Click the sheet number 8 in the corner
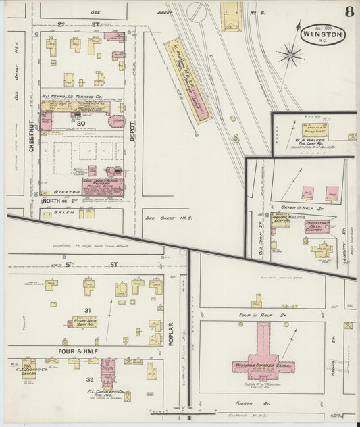tap(349, 11)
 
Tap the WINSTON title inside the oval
tap(322, 34)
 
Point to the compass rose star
tap(290, 54)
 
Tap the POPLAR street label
tap(171, 333)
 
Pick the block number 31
tap(87, 310)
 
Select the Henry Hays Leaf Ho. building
tap(84, 322)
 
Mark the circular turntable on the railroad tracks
tap(196, 11)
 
